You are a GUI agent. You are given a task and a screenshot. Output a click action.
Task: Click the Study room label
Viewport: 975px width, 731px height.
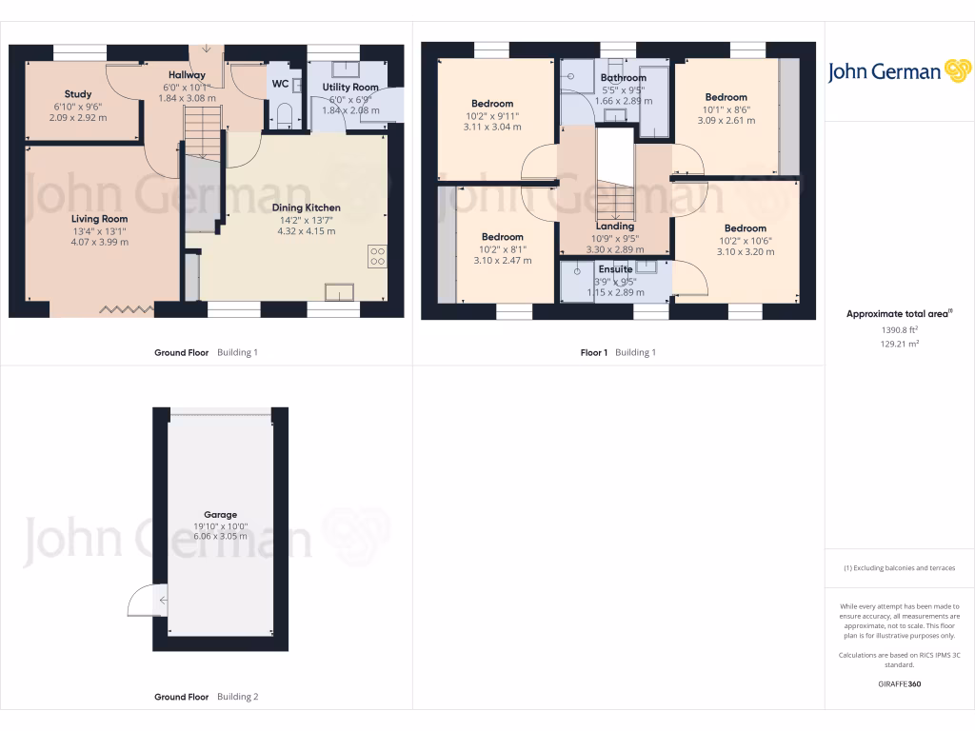78,94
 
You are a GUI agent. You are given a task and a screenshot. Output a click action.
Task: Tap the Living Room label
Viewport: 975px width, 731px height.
99,219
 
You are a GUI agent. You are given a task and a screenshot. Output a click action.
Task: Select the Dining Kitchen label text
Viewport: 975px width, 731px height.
306,207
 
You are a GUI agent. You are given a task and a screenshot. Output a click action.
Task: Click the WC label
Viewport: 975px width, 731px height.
280,84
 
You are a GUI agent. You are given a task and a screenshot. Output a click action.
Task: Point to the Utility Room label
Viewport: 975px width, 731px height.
350,88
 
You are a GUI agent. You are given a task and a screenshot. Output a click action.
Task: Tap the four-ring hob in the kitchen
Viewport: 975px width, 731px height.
377,255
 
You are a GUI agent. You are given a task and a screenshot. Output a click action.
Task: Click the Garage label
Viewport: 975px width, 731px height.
220,514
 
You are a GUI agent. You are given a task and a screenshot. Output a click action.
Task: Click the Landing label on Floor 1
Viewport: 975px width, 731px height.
615,227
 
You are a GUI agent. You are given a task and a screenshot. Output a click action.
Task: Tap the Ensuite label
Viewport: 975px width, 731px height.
615,269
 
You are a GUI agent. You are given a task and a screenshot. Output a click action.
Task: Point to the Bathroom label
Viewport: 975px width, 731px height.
624,78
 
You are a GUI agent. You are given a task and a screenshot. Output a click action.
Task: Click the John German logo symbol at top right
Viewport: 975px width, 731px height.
956,71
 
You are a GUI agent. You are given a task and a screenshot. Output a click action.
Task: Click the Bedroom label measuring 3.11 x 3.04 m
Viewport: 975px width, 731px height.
492,104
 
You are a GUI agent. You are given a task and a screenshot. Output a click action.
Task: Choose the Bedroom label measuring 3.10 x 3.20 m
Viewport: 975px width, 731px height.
745,228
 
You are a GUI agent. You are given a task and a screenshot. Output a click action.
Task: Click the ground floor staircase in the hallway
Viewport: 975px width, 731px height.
202,132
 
